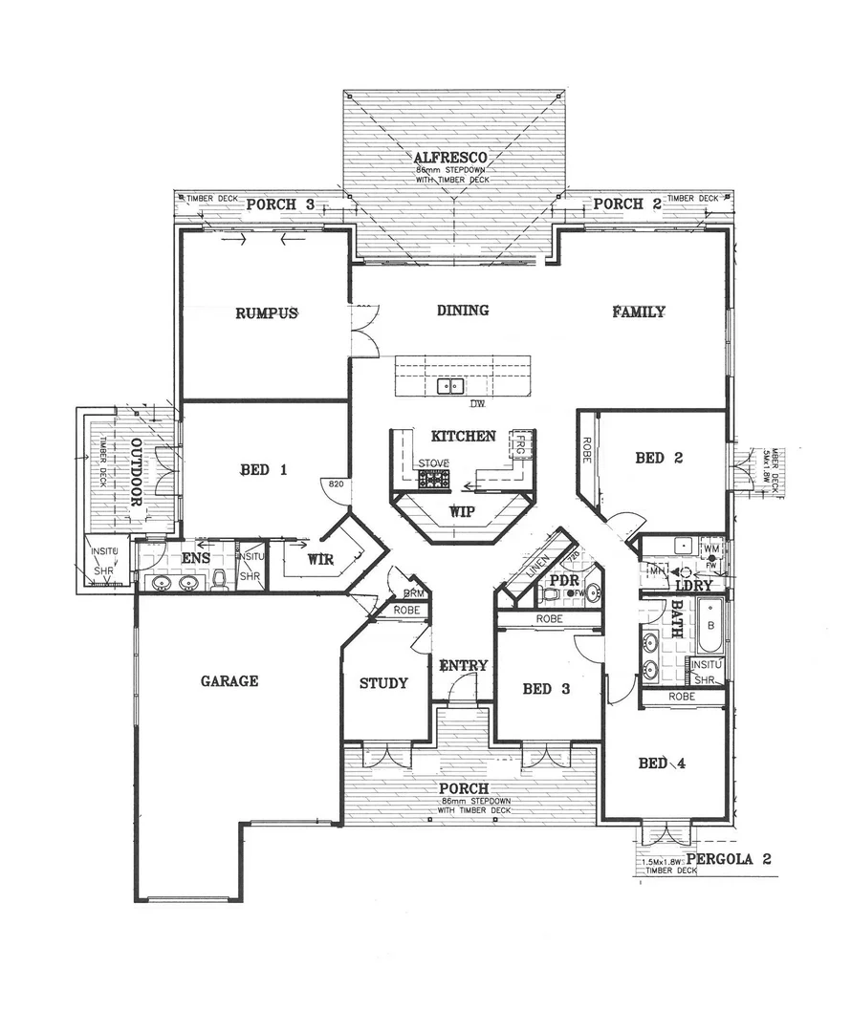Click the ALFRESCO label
tap(451, 156)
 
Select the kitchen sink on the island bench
tap(450, 387)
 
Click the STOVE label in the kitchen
tap(433, 463)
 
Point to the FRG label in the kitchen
tap(518, 445)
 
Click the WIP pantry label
tap(461, 511)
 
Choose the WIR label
tap(320, 560)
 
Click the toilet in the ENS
tap(219, 579)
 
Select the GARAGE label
tap(229, 681)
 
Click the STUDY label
tap(383, 683)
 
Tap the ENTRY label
tap(463, 666)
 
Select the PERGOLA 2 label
tap(729, 858)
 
